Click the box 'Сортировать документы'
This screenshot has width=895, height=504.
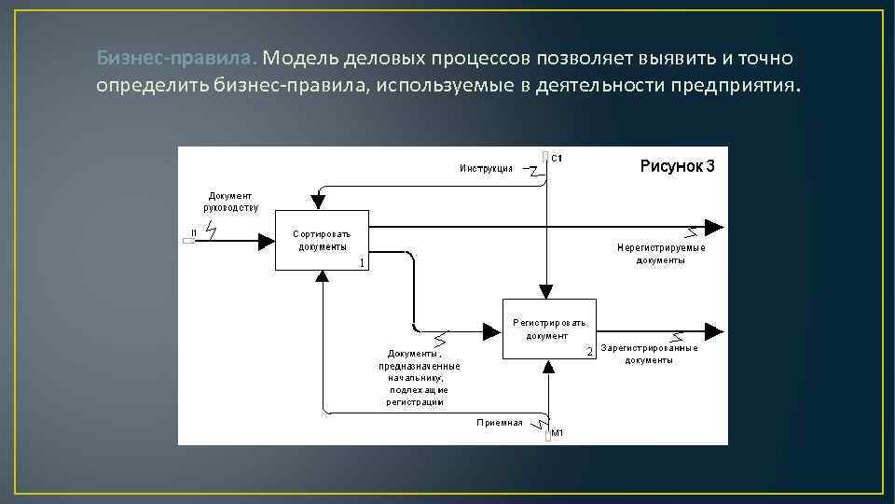[322, 240]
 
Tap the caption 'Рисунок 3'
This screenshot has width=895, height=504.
[677, 167]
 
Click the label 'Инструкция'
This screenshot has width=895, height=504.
[486, 168]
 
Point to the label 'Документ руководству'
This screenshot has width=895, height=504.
[231, 202]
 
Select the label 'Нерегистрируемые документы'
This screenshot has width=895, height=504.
[661, 254]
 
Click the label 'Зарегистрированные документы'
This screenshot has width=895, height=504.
[649, 354]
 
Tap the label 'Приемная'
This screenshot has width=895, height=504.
[500, 423]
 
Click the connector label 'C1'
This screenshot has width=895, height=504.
[557, 159]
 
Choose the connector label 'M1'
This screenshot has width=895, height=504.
[558, 433]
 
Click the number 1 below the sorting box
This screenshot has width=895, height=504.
[362, 263]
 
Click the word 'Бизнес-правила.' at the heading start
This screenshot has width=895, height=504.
[174, 60]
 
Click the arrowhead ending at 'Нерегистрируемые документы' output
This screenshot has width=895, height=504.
[714, 227]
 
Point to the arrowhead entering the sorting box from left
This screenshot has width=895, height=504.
[267, 241]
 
